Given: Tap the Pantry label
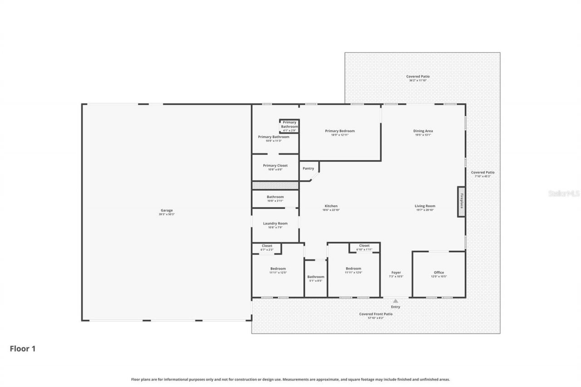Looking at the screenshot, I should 308,169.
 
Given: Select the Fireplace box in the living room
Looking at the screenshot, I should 461,201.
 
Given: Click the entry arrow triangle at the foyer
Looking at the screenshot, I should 395,301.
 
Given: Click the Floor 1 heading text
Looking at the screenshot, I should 23,349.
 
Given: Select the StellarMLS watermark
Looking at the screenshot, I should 564,193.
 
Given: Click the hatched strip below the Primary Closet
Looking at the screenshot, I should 275,186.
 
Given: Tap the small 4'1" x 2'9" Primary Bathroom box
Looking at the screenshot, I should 289,126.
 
